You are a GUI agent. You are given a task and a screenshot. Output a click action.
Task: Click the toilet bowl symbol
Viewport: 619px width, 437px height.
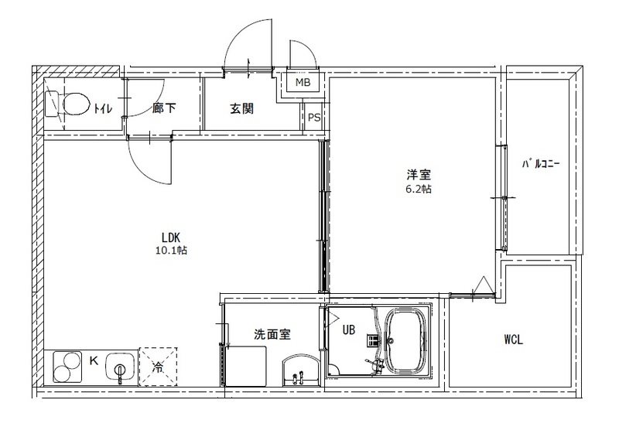(x=67, y=104)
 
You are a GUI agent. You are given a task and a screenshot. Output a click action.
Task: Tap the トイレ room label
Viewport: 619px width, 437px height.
(x=103, y=108)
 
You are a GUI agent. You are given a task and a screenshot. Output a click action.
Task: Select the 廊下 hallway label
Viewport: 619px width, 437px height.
(x=164, y=108)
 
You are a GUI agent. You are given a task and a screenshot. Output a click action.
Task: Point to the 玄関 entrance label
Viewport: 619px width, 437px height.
(x=241, y=108)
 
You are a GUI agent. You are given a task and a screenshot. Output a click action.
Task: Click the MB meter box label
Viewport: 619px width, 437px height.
(x=303, y=83)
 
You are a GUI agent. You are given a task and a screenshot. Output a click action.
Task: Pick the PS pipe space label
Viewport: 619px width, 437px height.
(x=314, y=118)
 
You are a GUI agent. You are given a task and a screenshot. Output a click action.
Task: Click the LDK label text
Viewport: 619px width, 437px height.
(x=171, y=237)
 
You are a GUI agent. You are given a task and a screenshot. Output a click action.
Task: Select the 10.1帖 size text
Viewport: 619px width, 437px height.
(x=171, y=250)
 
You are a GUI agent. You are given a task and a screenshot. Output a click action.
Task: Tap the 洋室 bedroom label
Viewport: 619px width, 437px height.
(x=419, y=175)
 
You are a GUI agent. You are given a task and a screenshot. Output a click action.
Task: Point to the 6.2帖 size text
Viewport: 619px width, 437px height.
(x=419, y=189)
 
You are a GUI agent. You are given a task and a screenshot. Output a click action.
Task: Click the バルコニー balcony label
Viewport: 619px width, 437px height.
(x=540, y=163)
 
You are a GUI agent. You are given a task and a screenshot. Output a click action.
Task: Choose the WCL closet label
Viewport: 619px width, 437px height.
(x=514, y=340)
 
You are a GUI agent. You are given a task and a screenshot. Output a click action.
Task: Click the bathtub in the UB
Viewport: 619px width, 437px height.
(x=406, y=340)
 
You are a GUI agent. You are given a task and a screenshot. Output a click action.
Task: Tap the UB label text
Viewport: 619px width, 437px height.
(x=349, y=329)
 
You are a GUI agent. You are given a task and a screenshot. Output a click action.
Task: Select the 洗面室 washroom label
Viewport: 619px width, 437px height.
(x=272, y=335)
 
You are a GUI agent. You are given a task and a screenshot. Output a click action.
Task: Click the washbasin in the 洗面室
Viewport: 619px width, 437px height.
(x=300, y=370)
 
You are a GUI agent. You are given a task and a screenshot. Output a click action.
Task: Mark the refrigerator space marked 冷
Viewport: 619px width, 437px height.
(x=158, y=367)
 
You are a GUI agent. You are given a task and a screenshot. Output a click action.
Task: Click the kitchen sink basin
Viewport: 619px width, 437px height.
(x=120, y=367)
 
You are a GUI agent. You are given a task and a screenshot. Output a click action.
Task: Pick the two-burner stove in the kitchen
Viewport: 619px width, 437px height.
(x=67, y=367)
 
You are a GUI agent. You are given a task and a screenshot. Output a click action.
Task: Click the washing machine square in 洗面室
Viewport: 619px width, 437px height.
(x=246, y=366)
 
